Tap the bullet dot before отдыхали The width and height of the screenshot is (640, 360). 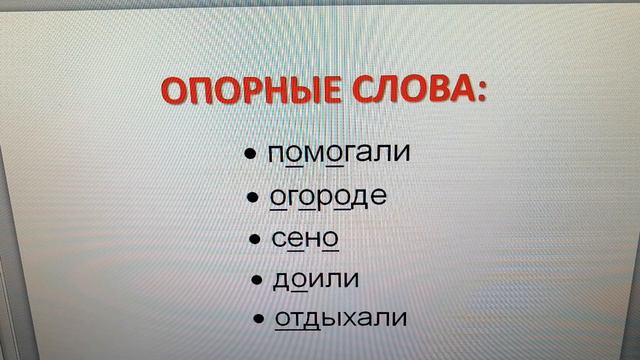tap(259, 319)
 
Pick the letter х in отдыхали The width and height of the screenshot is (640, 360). tap(350, 319)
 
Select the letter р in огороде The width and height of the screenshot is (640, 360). tap(326, 197)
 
